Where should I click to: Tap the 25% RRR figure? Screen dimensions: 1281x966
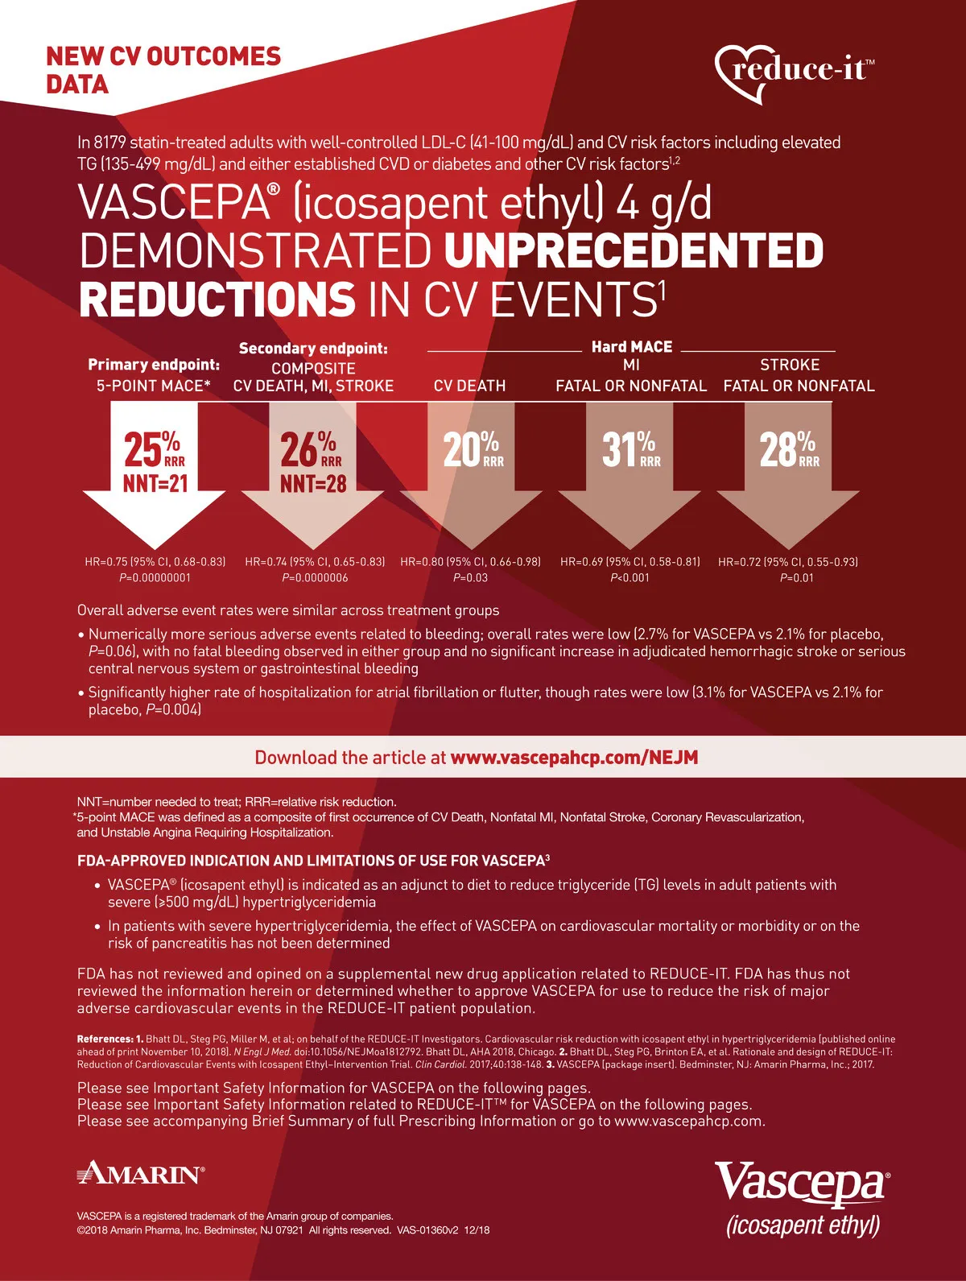coord(154,449)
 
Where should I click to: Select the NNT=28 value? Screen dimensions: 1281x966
coord(313,484)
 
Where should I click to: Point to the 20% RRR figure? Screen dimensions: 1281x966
coord(473,449)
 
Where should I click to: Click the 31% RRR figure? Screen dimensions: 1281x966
coord(630,449)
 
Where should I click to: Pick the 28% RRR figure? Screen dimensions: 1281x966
coord(789,449)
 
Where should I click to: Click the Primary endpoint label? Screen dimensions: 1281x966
coord(154,365)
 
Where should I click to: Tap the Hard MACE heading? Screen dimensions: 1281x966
coord(632,347)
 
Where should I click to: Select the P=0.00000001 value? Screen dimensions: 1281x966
coord(155,577)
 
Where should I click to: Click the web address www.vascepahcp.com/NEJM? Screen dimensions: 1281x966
coord(574,758)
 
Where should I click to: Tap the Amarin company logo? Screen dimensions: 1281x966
coord(140,1173)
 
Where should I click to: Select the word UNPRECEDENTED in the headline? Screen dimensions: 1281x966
coord(634,250)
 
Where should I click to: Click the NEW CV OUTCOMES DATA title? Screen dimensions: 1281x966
coord(163,70)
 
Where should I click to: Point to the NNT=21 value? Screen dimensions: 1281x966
coord(155,484)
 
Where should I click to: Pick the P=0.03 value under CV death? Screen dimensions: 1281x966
coord(471,577)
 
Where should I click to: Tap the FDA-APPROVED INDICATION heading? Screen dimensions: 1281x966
coord(313,860)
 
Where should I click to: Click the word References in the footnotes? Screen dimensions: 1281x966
coord(105,1039)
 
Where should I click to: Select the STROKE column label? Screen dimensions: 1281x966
coord(790,365)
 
